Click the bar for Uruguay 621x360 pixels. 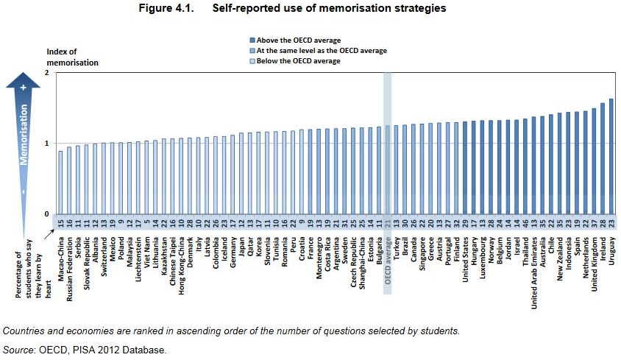(x=611, y=156)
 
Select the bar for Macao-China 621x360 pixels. (x=60, y=182)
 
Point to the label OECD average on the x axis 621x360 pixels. (x=388, y=262)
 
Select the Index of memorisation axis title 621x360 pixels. (x=72, y=57)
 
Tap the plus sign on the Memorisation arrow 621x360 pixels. (x=24, y=88)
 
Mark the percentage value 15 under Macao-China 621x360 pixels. (x=60, y=222)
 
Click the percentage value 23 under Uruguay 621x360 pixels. (x=611, y=222)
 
